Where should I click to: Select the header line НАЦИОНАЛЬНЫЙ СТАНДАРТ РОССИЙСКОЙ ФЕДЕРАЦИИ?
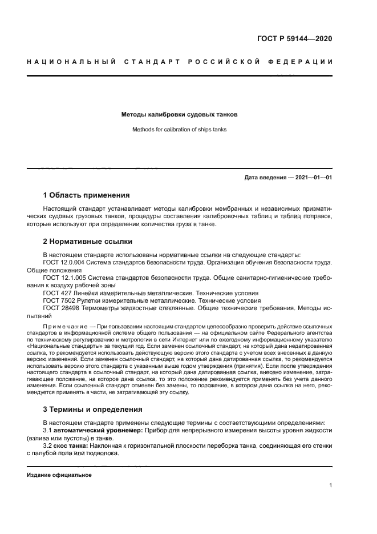[180, 61]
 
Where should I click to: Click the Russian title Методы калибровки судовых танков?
[179, 114]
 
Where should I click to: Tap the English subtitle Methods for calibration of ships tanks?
[179, 130]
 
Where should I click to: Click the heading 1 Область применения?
[86, 195]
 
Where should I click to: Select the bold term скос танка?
[71, 445]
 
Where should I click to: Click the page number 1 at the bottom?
[330, 485]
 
